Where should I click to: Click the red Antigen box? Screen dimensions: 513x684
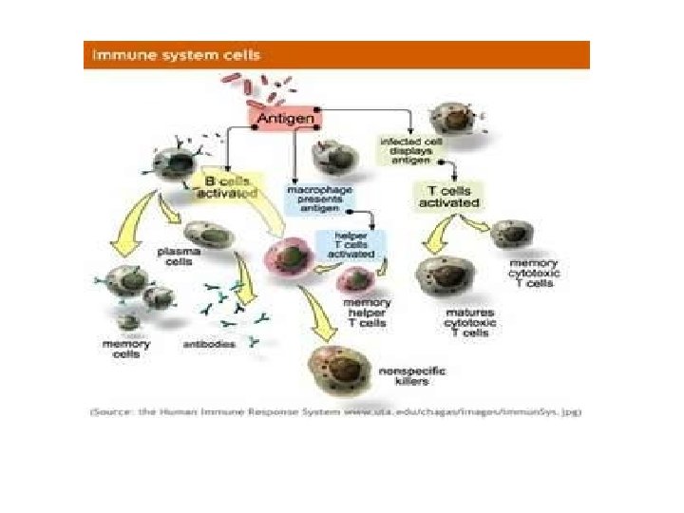[285, 117]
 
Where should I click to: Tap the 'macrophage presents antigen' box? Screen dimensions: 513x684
[319, 199]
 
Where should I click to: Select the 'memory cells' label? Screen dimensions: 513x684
[122, 348]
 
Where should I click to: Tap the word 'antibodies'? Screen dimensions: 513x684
[209, 344]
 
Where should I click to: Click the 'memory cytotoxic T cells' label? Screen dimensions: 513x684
[533, 273]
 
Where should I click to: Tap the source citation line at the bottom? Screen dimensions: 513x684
[335, 411]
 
